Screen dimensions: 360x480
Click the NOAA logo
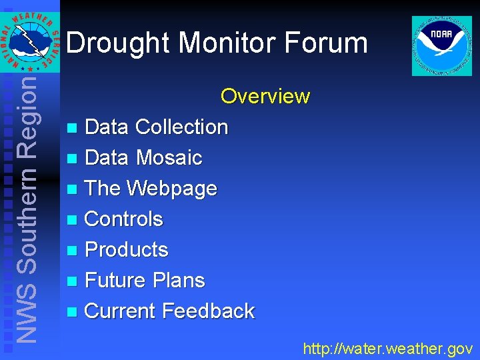(x=441, y=46)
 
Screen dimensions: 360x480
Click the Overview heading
(x=265, y=96)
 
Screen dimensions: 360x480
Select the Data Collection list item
(x=157, y=127)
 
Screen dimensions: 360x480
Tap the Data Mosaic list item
(x=143, y=157)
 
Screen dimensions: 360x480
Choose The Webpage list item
(x=151, y=188)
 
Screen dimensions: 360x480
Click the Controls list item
(x=124, y=219)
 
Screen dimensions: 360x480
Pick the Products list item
(x=127, y=249)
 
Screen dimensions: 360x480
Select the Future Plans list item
(x=145, y=280)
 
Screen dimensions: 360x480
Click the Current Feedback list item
(x=170, y=311)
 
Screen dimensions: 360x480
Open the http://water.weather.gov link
(x=387, y=348)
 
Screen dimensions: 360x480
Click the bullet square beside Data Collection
(x=73, y=127)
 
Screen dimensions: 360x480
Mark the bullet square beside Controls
(x=73, y=219)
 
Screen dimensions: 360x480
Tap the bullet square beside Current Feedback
(x=73, y=311)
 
